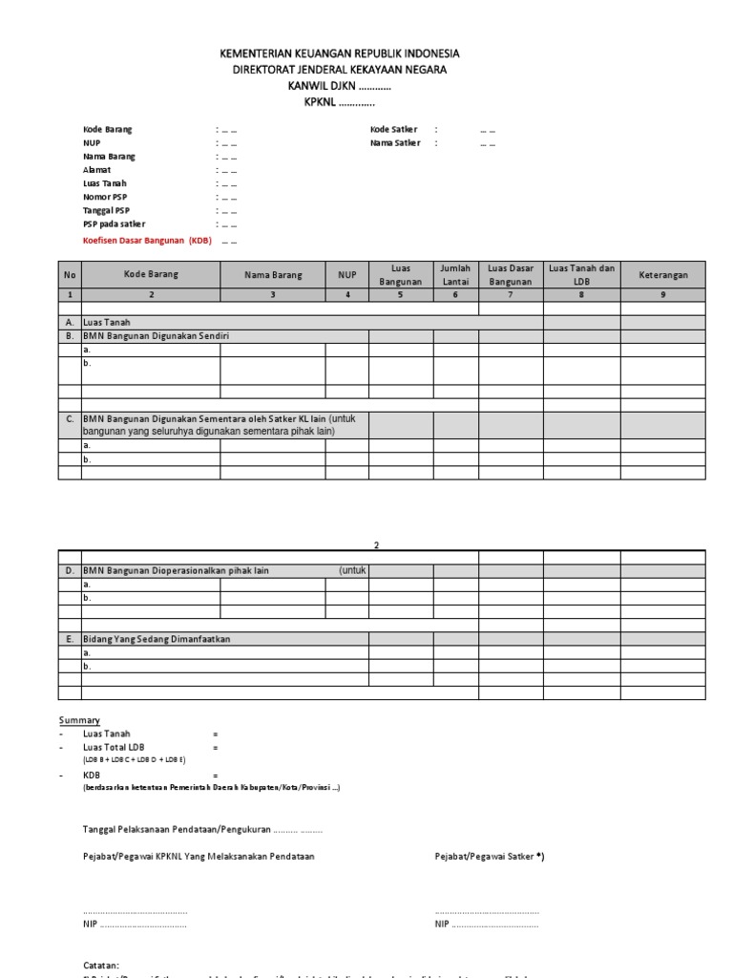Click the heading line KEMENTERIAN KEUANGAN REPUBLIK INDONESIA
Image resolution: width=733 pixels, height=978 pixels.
pos(366,54)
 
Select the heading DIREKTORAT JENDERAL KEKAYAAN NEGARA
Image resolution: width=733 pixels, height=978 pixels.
pos(366,70)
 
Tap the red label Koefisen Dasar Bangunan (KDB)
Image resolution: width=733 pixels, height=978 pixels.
pos(147,241)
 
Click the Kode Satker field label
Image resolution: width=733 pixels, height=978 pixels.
pos(392,129)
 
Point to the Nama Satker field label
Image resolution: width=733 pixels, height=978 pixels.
pos(394,143)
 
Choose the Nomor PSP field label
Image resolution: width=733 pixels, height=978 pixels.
pos(105,197)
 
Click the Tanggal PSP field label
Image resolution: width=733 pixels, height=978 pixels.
pos(106,210)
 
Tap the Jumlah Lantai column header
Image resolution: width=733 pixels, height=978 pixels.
pos(455,275)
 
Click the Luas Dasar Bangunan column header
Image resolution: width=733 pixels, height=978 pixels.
pos(511,275)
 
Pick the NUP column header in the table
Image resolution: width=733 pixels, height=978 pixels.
pos(346,275)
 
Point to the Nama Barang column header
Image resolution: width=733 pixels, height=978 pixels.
pos(272,275)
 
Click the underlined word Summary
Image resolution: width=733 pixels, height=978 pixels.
pos(79,720)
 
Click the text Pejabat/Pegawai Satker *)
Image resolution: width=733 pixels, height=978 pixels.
pos(489,857)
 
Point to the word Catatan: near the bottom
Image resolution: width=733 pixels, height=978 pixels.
pos(100,966)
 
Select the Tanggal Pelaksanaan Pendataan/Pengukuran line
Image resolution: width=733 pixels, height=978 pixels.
pos(202,829)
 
